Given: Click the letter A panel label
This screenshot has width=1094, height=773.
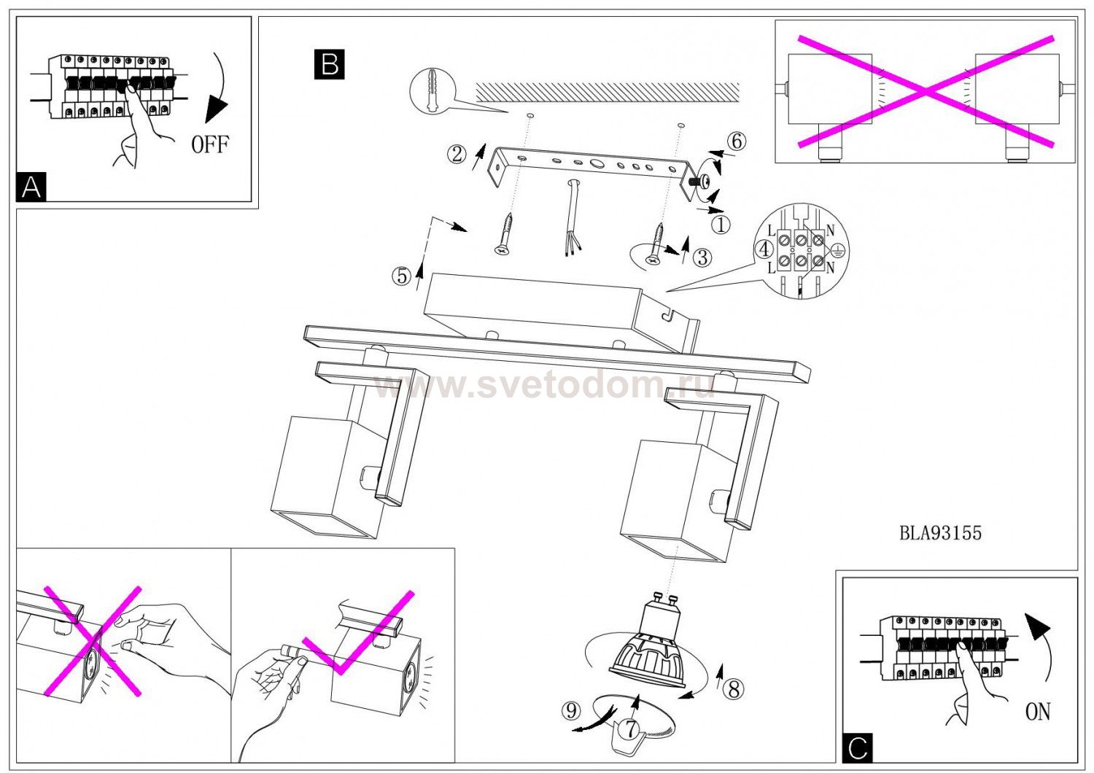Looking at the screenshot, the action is click(31, 187).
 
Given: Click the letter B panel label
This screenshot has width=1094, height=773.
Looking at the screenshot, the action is click(329, 64).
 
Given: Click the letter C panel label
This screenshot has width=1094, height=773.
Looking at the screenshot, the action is click(857, 747).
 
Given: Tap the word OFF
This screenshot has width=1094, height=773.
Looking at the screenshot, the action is click(209, 144).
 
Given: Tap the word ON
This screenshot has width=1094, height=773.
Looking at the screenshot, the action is click(1037, 712).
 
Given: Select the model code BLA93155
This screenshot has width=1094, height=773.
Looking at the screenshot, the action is click(940, 533).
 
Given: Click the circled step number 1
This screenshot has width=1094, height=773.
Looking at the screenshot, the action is click(721, 225).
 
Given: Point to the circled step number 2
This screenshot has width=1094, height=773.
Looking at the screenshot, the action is click(457, 155).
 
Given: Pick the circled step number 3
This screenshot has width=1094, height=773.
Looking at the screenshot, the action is click(702, 257).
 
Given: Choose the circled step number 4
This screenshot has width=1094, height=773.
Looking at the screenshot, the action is click(764, 249).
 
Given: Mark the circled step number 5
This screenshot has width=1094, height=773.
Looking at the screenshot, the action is click(401, 276).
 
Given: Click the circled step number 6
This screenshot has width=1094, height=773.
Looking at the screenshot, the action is click(737, 141).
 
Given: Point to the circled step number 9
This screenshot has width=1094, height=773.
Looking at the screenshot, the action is click(570, 710).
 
